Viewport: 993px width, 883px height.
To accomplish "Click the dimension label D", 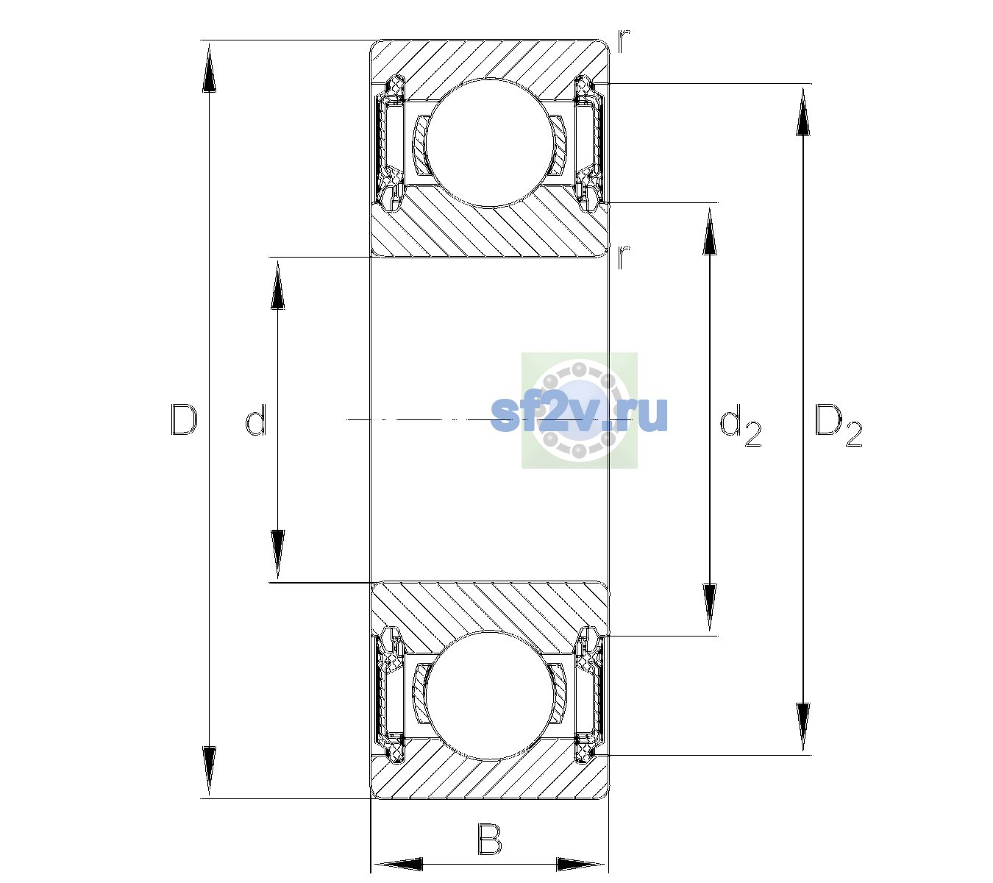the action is coord(184,419).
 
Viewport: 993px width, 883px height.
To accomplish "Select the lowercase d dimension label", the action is coord(256,420).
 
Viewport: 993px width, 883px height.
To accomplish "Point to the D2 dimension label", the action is coord(838,425).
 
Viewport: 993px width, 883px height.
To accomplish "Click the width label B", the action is coord(489,839).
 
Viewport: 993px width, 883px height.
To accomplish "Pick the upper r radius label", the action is coord(624,40).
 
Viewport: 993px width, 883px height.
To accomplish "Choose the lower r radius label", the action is coord(623,257).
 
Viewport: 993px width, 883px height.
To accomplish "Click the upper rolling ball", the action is coord(489,143).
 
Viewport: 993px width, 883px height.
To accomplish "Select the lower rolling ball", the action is coord(489,696).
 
